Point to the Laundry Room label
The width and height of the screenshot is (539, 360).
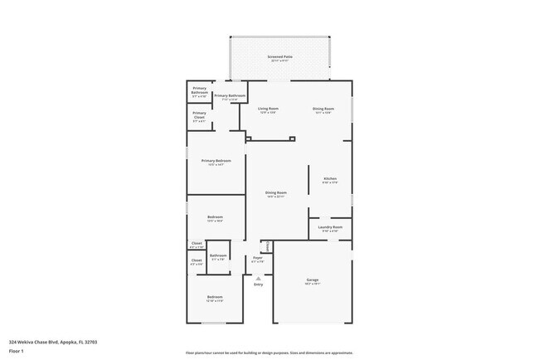pos(330,229)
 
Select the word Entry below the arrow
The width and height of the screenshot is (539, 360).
pos(258,285)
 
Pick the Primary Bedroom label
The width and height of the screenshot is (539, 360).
pos(216,162)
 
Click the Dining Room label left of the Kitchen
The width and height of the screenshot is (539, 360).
pos(276,194)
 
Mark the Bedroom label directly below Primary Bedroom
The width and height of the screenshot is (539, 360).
pos(215,218)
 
